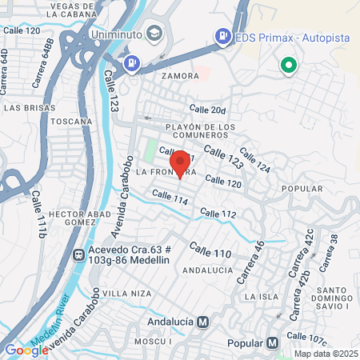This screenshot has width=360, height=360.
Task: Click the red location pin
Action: [x=180, y=163]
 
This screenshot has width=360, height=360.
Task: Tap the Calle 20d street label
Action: [x=208, y=110]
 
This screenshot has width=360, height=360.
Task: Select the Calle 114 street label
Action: [x=170, y=198]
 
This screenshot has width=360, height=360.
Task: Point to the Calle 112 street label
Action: [x=218, y=214]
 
